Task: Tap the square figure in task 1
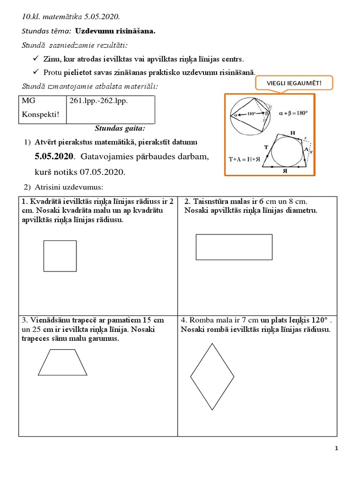(60, 255)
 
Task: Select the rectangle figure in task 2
(234, 247)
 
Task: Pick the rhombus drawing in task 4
(212, 376)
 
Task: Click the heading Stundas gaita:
(120, 128)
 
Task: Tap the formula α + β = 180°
(293, 113)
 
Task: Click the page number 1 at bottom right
(337, 448)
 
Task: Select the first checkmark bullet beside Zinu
(36, 59)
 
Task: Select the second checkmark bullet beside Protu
(36, 72)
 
